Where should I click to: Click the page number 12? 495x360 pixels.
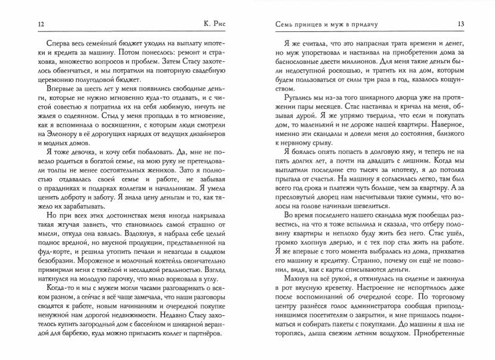tap(25, 25)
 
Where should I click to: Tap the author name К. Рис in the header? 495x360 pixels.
tap(211, 25)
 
